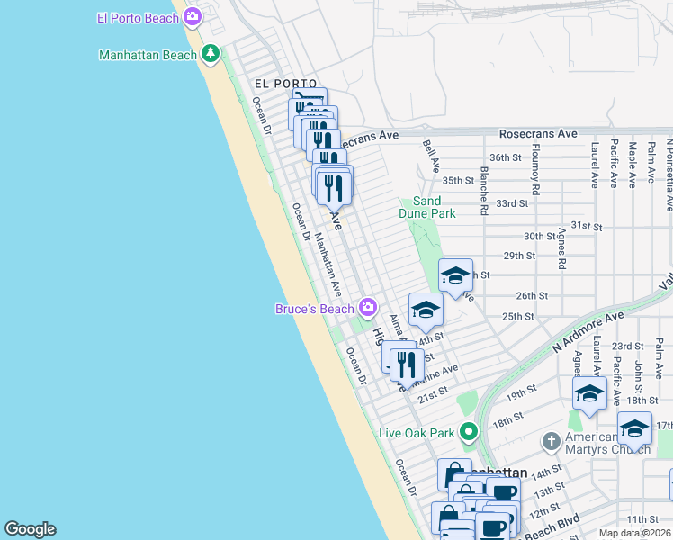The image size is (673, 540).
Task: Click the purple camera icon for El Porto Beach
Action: click(x=192, y=17)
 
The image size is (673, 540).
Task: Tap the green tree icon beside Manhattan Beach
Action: click(x=211, y=55)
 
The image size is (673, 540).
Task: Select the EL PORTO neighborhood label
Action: click(x=285, y=83)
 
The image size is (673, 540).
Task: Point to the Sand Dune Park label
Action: click(x=427, y=207)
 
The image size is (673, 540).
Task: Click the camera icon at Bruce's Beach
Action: click(x=367, y=309)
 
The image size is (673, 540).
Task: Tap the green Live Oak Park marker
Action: click(x=468, y=433)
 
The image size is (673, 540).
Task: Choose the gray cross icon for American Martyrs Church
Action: click(x=552, y=441)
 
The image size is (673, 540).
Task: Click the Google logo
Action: click(x=30, y=529)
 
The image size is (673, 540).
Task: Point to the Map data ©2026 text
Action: click(x=633, y=533)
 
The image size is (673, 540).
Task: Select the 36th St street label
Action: click(x=506, y=157)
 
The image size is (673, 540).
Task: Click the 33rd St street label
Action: click(x=511, y=203)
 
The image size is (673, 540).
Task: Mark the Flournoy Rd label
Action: click(x=536, y=170)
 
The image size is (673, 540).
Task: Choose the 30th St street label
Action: click(x=541, y=236)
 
